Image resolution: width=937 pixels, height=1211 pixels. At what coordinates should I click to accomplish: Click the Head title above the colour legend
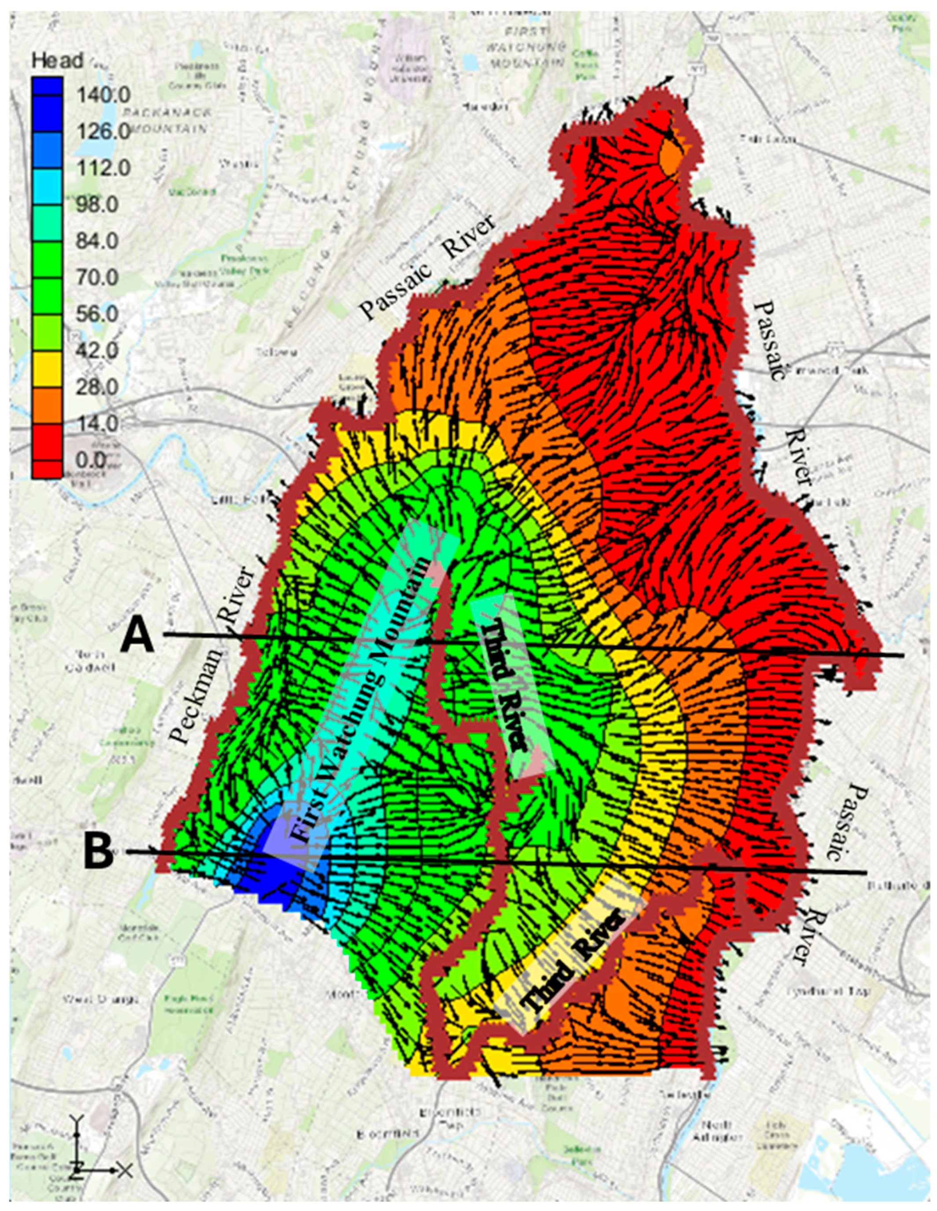[57, 60]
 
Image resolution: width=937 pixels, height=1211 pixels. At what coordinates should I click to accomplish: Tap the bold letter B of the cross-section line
[99, 851]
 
